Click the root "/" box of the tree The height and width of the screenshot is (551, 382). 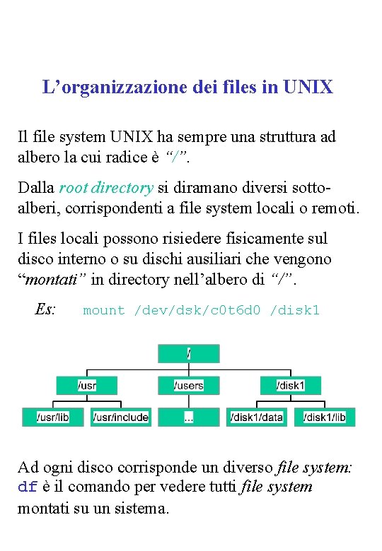188,353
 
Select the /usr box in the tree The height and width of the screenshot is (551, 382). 86,385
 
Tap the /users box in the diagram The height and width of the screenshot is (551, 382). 188,385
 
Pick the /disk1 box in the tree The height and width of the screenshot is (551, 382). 290,385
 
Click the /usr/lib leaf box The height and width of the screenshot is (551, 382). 53,417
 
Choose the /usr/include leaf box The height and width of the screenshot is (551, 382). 120,417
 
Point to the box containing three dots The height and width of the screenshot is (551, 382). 188,417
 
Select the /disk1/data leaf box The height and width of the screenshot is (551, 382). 256,417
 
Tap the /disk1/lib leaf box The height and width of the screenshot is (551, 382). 324,417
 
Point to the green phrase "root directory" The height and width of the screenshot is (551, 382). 106,188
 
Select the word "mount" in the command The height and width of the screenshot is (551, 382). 103,310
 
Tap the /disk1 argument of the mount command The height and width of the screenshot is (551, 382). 295,310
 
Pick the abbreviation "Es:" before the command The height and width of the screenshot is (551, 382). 45,309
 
